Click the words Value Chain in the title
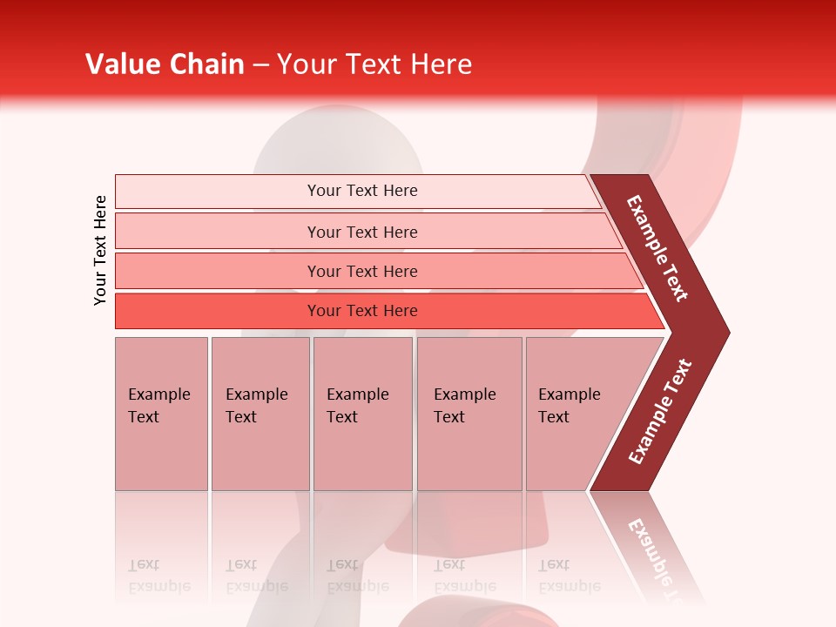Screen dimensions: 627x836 pyautogui.click(x=165, y=64)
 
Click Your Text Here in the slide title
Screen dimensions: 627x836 pyautogui.click(x=374, y=64)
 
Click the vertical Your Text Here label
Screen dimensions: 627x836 pyautogui.click(x=100, y=250)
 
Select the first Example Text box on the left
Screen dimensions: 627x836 pyautogui.click(x=161, y=413)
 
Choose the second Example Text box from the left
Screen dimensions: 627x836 pyautogui.click(x=260, y=413)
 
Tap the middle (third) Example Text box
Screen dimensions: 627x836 pyautogui.click(x=362, y=413)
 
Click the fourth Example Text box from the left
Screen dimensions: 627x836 pyautogui.click(x=469, y=413)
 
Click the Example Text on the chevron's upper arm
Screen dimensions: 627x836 pyautogui.click(x=657, y=248)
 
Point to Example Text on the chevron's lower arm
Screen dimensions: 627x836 pyautogui.click(x=659, y=412)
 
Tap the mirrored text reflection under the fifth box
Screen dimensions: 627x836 pyautogui.click(x=568, y=576)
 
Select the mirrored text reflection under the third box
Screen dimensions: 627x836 pyautogui.click(x=356, y=576)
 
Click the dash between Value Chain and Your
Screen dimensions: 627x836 pyautogui.click(x=260, y=65)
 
